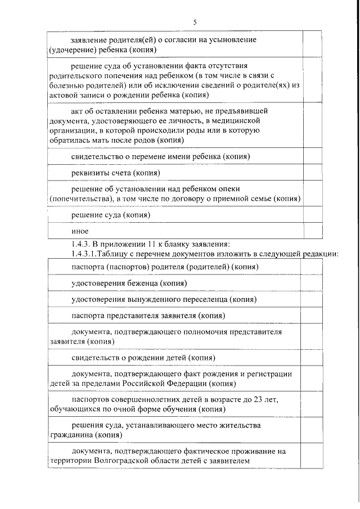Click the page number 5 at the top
click(x=195, y=22)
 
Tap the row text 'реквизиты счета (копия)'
click(x=116, y=172)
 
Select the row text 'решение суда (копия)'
click(x=111, y=215)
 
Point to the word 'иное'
click(x=80, y=231)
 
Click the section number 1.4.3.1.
click(x=80, y=253)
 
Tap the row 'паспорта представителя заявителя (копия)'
click(x=148, y=316)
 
